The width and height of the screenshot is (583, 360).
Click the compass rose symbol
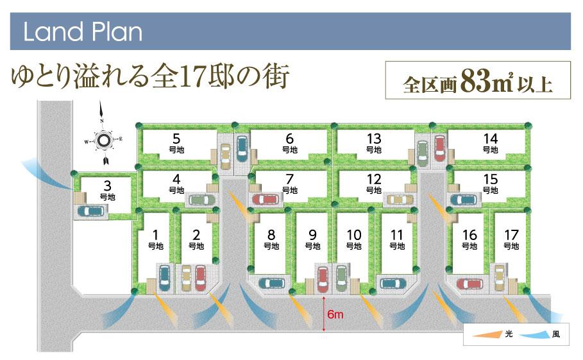(102, 139)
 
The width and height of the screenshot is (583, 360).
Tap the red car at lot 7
(264, 200)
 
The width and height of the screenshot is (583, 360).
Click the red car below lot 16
(467, 283)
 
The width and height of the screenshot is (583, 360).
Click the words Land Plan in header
(82, 32)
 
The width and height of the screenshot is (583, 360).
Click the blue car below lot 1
(164, 278)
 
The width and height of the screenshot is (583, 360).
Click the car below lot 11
(391, 282)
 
